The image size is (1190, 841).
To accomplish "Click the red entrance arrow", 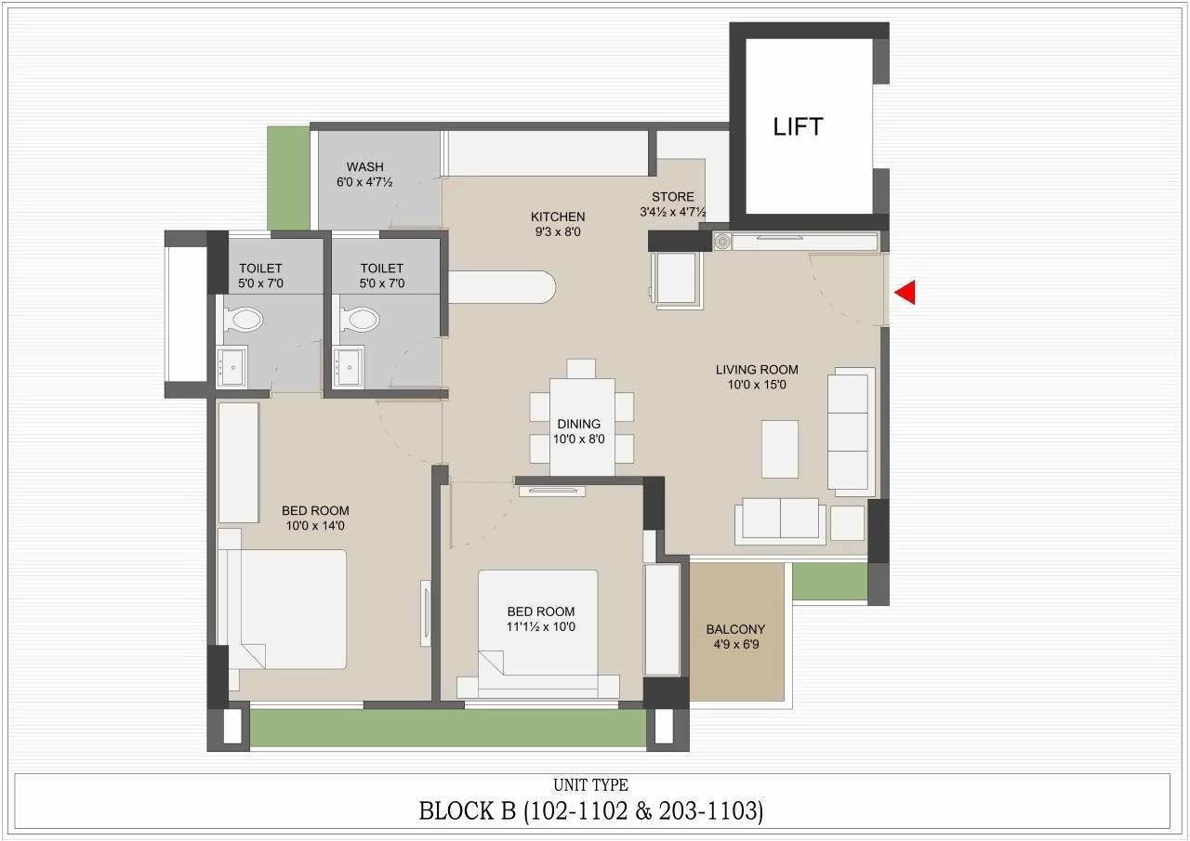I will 906,293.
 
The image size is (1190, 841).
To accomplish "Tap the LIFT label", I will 798,127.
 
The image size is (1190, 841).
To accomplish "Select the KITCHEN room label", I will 558,217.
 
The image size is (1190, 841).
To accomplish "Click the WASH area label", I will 364,167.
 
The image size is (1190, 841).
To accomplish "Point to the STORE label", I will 672,197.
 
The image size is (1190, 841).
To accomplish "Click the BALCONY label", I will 735,629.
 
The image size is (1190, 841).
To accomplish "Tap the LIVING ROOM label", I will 757,370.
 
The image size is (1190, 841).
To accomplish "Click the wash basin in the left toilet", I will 231,366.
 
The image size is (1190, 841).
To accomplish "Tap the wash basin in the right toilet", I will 350,366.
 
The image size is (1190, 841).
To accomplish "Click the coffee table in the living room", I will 779,449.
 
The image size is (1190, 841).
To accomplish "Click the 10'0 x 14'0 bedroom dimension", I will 315,526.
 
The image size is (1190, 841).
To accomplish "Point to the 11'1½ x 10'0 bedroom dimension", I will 540,627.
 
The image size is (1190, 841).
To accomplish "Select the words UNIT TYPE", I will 590,785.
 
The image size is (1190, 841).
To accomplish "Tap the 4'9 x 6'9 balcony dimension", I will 735,643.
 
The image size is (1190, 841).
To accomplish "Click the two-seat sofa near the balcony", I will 779,520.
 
